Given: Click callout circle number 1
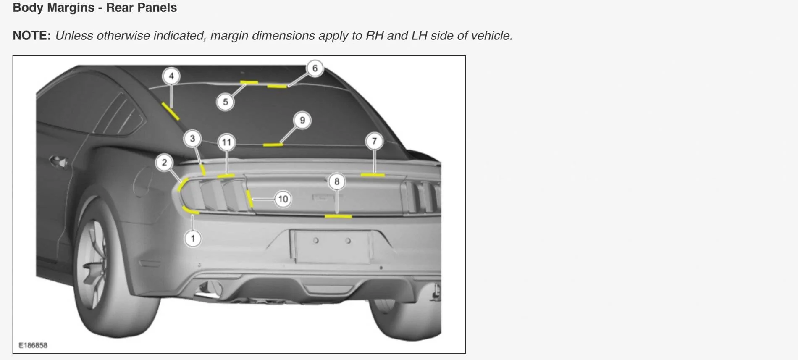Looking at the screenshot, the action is tap(193, 239).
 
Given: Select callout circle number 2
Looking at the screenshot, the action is tap(164, 162).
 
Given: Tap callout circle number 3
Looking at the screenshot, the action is tap(192, 138).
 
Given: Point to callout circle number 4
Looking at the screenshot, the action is tap(171, 76).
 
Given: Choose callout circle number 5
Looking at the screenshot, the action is tap(225, 102).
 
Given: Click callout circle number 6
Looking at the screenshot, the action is tap(315, 68).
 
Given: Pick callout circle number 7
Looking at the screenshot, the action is tap(374, 141).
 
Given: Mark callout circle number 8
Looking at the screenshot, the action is tap(336, 181).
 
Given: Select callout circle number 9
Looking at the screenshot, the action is tap(302, 120).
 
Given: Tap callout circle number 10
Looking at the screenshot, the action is tap(283, 199).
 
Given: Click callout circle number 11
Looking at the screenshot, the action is tap(226, 142).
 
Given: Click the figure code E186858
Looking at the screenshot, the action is tap(33, 345).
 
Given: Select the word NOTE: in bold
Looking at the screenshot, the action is tap(32, 36).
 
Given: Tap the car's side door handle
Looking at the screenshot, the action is tap(58, 161).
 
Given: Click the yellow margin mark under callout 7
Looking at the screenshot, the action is tap(373, 175).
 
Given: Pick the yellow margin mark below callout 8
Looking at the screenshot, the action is tap(338, 216).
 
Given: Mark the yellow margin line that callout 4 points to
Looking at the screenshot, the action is tap(171, 110).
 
